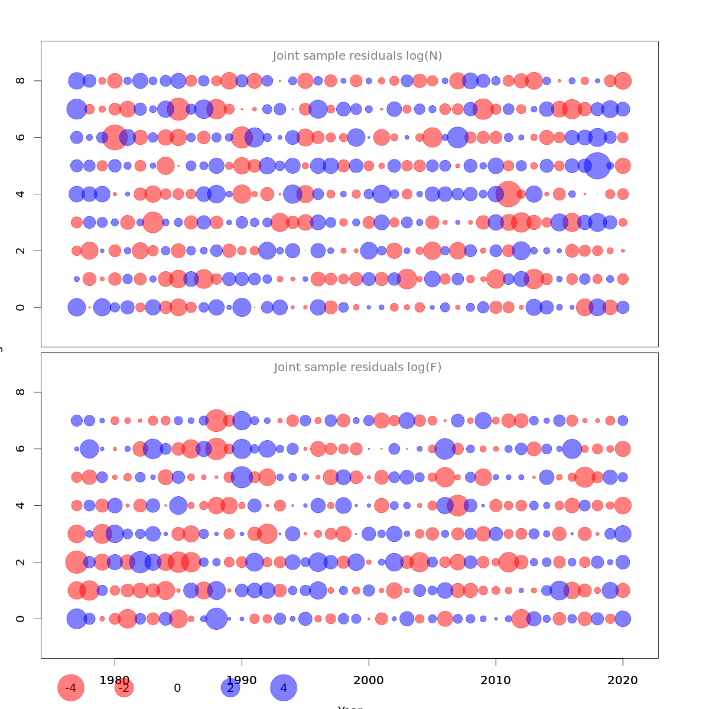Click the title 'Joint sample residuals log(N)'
(x=357, y=56)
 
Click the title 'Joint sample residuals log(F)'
(x=357, y=367)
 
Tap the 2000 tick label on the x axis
(x=369, y=681)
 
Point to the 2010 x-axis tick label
(x=496, y=681)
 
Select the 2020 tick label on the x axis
(x=623, y=681)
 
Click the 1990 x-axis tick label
(x=242, y=681)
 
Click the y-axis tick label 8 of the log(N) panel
(x=21, y=80)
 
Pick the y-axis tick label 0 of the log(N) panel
(x=21, y=307)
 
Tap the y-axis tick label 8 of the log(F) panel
(x=21, y=392)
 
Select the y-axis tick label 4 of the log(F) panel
(x=21, y=505)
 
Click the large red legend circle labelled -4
(x=71, y=688)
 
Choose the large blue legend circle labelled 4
(x=284, y=688)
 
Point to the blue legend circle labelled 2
(x=230, y=688)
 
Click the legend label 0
(x=177, y=688)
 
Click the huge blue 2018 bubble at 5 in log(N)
(x=597, y=165)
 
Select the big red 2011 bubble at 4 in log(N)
(x=508, y=194)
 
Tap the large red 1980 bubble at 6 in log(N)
(x=115, y=137)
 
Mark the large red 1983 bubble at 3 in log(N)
(x=153, y=222)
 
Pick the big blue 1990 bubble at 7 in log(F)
(x=242, y=421)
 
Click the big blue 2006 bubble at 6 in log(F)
(x=445, y=449)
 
